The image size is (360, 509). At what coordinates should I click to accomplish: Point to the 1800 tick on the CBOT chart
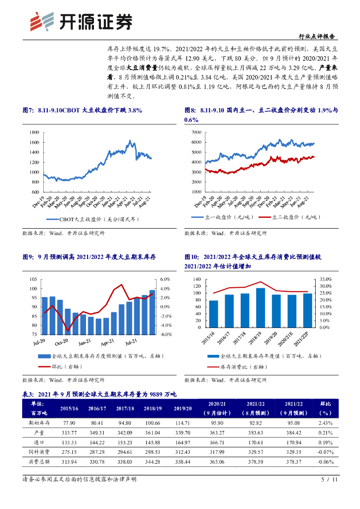pos(34,132)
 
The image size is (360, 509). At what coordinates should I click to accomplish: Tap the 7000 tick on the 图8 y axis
pos(195,132)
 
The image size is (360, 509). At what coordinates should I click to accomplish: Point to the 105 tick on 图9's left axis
pos(34,279)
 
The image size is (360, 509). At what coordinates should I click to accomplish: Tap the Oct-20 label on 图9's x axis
pos(61,342)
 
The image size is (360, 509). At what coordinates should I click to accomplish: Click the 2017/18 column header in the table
pos(125,408)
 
